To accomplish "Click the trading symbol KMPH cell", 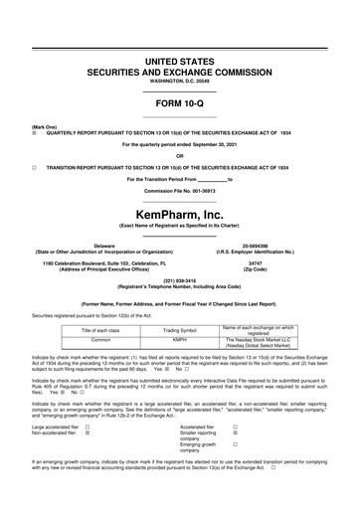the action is tap(180, 338).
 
